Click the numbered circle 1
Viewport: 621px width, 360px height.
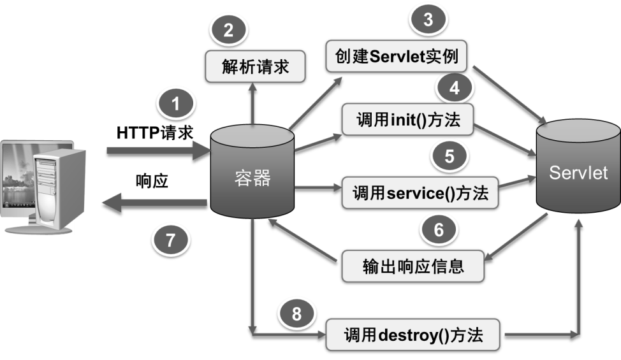click(176, 104)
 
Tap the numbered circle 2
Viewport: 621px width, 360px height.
click(228, 30)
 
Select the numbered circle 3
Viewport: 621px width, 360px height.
click(428, 19)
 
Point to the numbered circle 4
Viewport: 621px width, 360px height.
click(454, 88)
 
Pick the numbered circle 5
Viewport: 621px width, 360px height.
click(449, 156)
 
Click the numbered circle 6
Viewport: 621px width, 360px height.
click(439, 230)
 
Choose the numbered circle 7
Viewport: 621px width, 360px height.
click(171, 240)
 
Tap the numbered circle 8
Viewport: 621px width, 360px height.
click(297, 314)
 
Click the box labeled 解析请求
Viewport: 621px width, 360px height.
click(255, 66)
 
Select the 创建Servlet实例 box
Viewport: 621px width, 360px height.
click(396, 56)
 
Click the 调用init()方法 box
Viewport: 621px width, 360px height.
click(407, 120)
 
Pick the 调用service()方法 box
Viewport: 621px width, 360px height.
click(420, 192)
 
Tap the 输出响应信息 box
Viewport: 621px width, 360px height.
click(413, 266)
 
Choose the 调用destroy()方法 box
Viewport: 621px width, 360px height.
click(413, 335)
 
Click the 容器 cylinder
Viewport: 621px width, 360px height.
click(252, 171)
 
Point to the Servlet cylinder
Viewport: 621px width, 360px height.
click(578, 166)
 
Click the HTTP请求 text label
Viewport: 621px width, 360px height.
click(155, 133)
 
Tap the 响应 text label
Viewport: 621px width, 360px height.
click(152, 181)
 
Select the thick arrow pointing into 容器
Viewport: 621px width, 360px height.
click(158, 150)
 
